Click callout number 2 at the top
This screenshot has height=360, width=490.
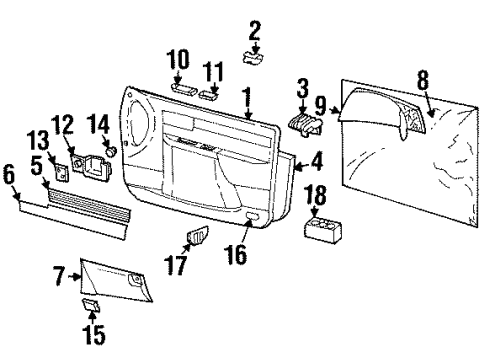pyautogui.click(x=255, y=30)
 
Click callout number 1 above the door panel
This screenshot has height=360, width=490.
pyautogui.click(x=246, y=97)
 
